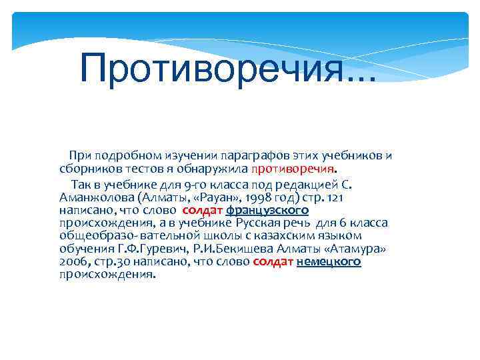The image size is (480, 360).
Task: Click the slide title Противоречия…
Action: click(227, 68)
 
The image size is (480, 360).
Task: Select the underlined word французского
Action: click(267, 210)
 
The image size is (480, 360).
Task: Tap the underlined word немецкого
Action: click(328, 262)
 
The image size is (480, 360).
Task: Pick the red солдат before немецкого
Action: click(273, 262)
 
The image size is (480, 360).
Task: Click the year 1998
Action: click(257, 197)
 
